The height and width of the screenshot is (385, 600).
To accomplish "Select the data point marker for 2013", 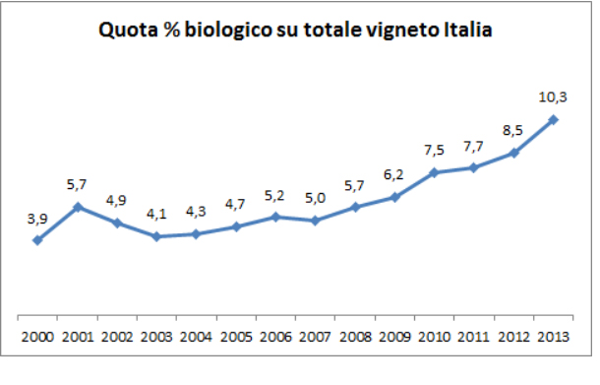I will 554,120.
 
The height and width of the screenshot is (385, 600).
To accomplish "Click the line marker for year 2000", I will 37,239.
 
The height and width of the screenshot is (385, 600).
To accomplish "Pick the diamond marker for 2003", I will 156,236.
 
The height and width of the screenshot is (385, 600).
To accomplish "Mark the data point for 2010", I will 434,172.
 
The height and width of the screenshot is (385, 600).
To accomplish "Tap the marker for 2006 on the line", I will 275,216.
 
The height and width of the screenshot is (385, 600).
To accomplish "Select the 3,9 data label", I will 37,219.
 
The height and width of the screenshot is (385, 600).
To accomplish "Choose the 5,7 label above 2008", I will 354,186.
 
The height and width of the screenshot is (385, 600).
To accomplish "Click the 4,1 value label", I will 156,216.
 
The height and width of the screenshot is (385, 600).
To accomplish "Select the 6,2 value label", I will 394,176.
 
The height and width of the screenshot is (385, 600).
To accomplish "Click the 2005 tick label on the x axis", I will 236,337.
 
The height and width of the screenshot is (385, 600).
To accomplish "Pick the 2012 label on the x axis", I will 513,337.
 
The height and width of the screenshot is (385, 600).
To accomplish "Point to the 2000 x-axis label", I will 37,337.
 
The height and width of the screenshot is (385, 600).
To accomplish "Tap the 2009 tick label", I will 394,337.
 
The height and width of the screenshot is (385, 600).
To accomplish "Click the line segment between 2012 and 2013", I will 534,136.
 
